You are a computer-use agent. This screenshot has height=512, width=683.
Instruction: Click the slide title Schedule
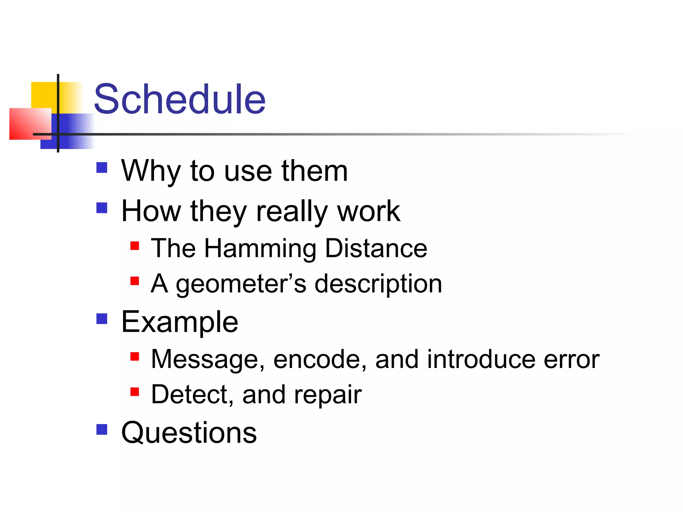180,99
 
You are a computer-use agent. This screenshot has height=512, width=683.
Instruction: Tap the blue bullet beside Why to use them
102,167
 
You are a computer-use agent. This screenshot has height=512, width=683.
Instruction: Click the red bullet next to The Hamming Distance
134,246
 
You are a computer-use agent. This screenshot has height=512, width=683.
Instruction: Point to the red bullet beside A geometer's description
134,281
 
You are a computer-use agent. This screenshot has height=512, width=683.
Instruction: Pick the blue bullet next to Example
102,319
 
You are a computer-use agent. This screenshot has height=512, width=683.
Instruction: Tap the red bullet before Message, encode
134,357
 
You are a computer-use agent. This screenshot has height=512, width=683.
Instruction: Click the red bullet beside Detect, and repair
134,392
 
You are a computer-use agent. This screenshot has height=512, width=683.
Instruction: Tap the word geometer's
241,284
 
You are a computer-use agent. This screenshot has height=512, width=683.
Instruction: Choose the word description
378,284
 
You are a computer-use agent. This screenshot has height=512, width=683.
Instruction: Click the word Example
180,322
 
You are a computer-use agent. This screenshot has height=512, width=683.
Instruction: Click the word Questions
189,433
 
